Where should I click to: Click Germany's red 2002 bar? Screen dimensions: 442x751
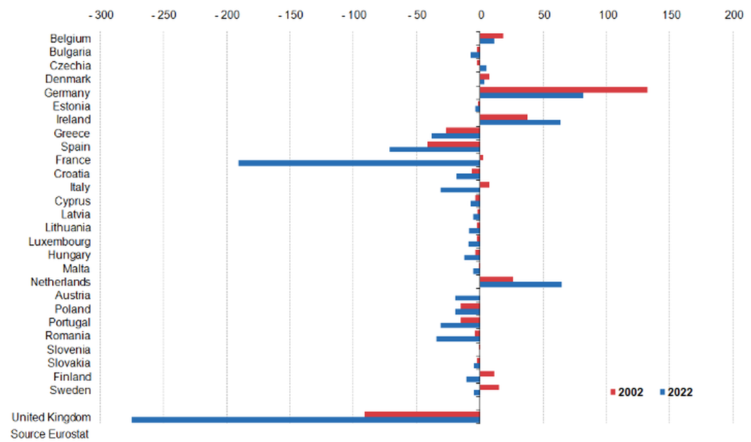click(x=563, y=90)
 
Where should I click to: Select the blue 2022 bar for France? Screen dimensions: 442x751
click(x=359, y=163)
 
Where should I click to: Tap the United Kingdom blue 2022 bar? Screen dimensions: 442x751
click(x=305, y=420)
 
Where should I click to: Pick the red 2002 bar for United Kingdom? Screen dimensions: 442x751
click(x=422, y=414)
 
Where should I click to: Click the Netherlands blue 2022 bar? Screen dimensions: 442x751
click(x=520, y=284)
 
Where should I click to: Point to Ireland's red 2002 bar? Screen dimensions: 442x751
click(x=503, y=117)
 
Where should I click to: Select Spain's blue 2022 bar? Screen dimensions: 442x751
click(x=434, y=149)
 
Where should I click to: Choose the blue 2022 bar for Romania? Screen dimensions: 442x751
click(x=457, y=339)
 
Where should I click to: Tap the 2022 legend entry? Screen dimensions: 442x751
click(x=676, y=392)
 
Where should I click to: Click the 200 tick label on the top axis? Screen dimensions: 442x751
click(x=733, y=14)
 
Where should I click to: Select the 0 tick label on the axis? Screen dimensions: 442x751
click(x=480, y=14)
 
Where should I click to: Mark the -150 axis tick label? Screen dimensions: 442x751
click(x=290, y=14)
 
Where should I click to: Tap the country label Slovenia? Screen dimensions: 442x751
click(x=68, y=350)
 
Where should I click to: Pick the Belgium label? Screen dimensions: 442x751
click(x=70, y=39)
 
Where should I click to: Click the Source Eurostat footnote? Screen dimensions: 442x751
click(x=50, y=434)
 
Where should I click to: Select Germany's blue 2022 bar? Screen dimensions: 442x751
click(x=531, y=95)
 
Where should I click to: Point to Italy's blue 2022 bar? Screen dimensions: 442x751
click(x=460, y=190)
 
